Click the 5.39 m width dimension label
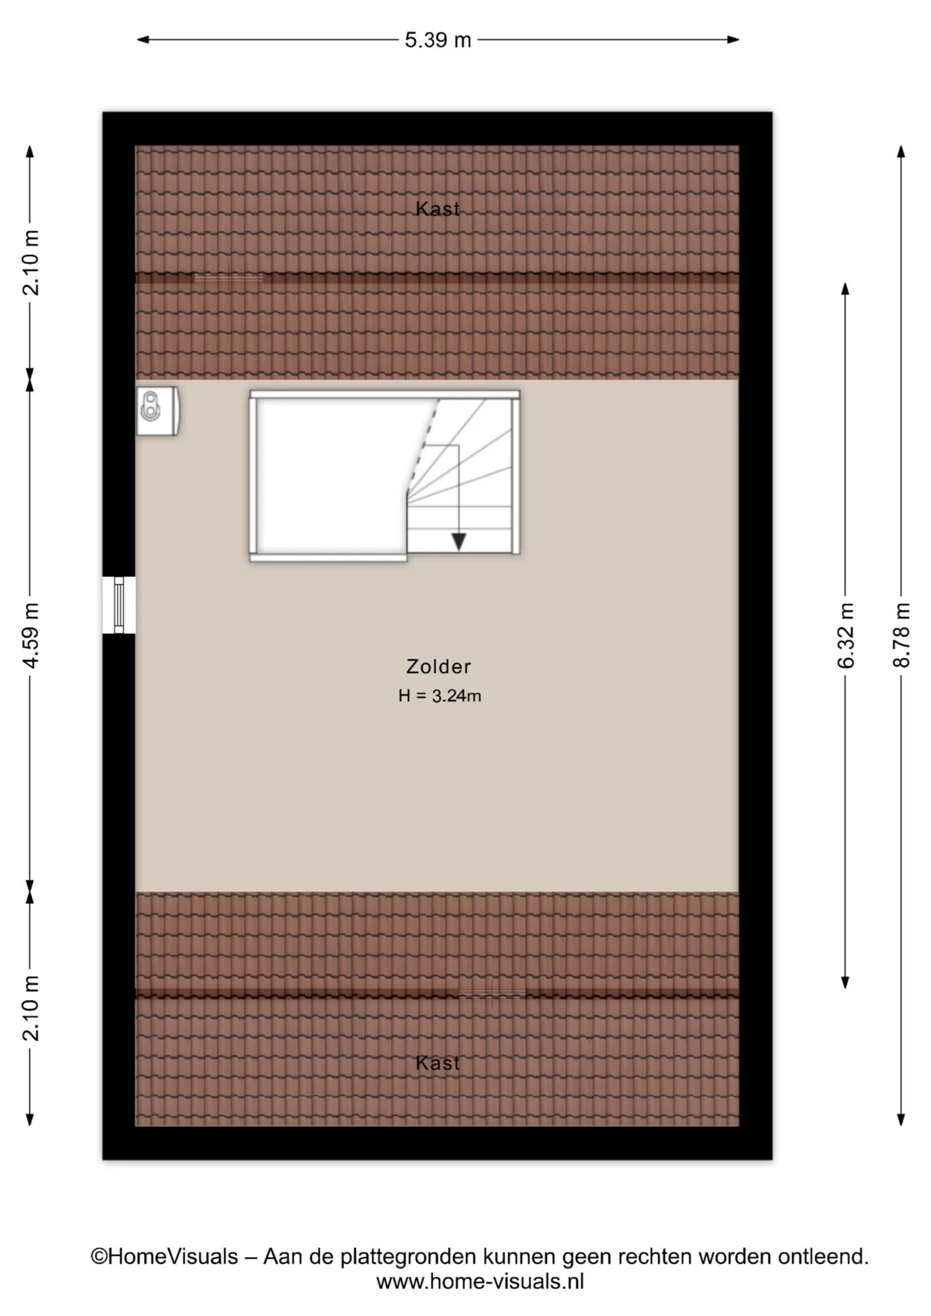click(437, 40)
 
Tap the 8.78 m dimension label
click(901, 635)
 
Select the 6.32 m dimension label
click(845, 635)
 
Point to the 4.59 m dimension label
click(30, 635)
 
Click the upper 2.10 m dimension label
click(30, 263)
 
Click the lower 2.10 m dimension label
click(30, 1008)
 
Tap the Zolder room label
click(438, 666)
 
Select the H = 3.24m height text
click(439, 696)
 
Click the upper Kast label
click(437, 209)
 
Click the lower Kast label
click(437, 1063)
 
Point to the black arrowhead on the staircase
click(459, 541)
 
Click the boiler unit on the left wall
click(158, 411)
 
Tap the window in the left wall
click(119, 605)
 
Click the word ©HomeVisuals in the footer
click(165, 1256)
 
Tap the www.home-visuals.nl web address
click(480, 1281)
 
